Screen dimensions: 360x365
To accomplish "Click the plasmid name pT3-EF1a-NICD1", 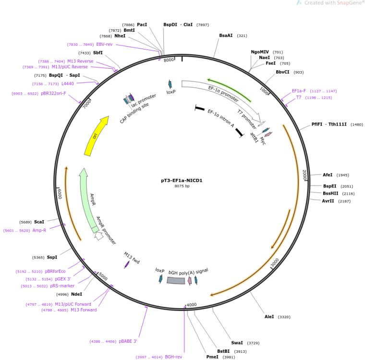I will point(182,181).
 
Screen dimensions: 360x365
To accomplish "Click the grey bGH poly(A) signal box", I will point(176,280).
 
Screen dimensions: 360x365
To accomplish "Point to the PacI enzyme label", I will point(142,24).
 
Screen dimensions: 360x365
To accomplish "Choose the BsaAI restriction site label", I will point(226,35).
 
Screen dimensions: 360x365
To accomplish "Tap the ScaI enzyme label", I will point(39,222).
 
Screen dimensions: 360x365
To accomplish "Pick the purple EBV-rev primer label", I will point(104,44).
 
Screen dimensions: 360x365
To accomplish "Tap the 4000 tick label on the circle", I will point(192,305).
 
